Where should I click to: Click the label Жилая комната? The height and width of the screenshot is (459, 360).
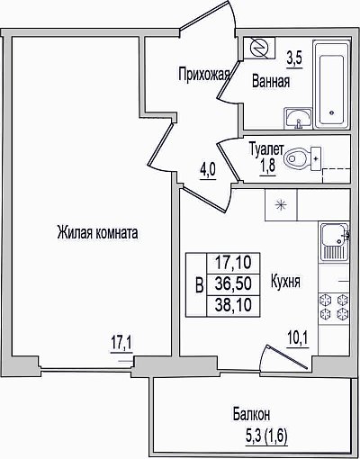coord(97,233)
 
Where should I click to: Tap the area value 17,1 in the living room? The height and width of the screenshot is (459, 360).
coord(121,343)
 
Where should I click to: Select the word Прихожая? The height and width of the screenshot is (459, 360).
coord(203,74)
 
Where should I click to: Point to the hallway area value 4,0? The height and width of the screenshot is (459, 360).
coord(208,171)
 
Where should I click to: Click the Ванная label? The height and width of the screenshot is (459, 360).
coord(271,81)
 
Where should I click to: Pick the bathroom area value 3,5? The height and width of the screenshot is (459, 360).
coord(294,58)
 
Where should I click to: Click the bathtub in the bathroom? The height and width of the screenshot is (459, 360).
coord(331,85)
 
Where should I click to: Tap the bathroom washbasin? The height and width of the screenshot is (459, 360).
coord(298,118)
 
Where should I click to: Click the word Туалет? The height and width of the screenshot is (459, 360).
coord(266,149)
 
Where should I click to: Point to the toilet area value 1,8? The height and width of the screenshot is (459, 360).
coord(267,166)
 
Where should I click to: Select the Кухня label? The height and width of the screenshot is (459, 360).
coord(285,281)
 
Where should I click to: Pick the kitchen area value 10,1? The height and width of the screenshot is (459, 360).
coord(297,339)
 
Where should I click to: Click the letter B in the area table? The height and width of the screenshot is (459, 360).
coord(200,285)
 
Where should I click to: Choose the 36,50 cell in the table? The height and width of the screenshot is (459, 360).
coord(233,284)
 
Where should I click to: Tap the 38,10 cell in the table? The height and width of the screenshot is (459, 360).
coord(233,306)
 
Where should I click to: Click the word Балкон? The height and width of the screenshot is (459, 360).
coord(251,414)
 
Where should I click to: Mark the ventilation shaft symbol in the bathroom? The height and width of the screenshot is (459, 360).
coord(259,48)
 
